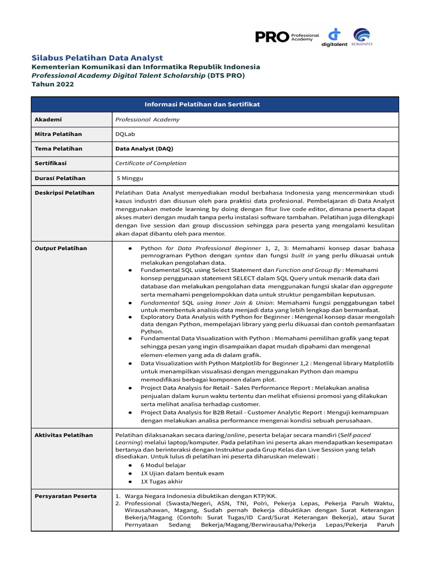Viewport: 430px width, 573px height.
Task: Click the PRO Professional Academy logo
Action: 287,37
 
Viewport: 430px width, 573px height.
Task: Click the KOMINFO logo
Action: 362,37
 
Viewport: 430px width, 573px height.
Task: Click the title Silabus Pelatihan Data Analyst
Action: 96,58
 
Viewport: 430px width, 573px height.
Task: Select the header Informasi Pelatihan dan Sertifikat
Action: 214,105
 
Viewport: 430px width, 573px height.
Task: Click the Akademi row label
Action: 48,119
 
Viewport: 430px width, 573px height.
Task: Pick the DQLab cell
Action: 125,134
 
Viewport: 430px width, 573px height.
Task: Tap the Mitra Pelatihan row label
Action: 58,134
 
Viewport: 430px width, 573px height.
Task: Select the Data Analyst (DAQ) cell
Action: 144,149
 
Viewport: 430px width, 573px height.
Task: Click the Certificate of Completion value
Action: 151,163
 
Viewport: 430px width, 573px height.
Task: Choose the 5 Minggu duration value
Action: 130,178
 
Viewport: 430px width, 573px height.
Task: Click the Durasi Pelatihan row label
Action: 60,178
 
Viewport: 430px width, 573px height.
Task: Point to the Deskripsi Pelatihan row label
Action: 64,192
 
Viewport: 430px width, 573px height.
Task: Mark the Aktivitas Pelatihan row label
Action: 64,435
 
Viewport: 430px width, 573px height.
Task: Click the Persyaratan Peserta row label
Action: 66,496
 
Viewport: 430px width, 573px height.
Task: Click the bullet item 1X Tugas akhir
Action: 162,481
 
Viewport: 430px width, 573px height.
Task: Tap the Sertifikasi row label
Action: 50,163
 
